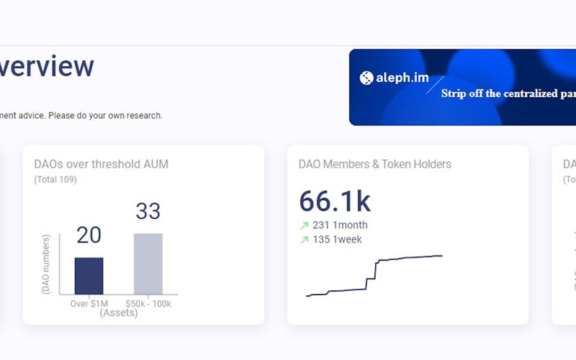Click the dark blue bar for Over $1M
(x=89, y=276)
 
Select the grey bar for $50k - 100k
(x=148, y=264)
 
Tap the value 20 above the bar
(x=89, y=235)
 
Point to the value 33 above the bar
(x=148, y=211)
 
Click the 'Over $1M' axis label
(x=89, y=304)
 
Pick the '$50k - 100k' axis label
(x=148, y=304)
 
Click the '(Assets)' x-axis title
(x=119, y=313)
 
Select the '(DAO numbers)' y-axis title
(x=46, y=264)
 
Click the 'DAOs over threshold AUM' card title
(x=101, y=164)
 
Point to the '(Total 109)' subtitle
(x=55, y=179)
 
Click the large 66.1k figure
(x=335, y=202)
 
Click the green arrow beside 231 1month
(x=304, y=225)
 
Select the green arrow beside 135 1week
(x=304, y=240)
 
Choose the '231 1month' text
(x=340, y=225)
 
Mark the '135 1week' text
(x=337, y=240)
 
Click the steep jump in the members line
(x=373, y=271)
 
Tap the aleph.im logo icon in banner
(x=366, y=78)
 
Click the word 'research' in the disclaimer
(x=143, y=115)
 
